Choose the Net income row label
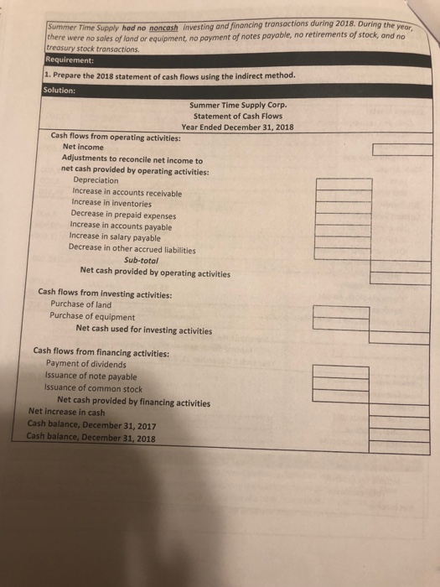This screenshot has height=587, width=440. click(83, 148)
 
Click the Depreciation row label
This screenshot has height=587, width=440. click(96, 180)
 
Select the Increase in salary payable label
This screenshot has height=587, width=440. click(114, 237)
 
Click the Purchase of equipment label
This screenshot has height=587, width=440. click(92, 317)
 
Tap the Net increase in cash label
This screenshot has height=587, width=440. click(66, 413)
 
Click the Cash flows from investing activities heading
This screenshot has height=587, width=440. click(106, 293)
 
